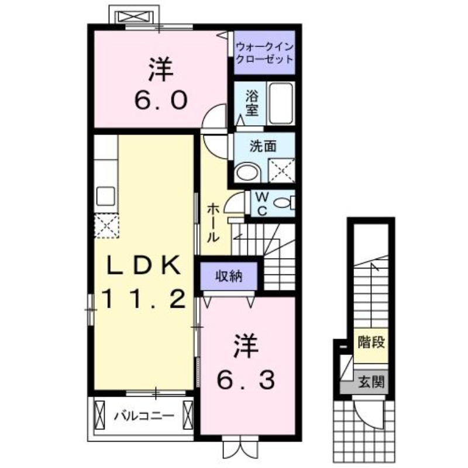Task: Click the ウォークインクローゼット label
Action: [x=264, y=52]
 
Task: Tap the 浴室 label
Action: [x=252, y=103]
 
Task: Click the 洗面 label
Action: [x=263, y=147]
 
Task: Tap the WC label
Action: [x=262, y=204]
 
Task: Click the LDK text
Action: [x=142, y=266]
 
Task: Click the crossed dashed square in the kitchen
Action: [x=106, y=226]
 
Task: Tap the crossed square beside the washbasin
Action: [x=281, y=171]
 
